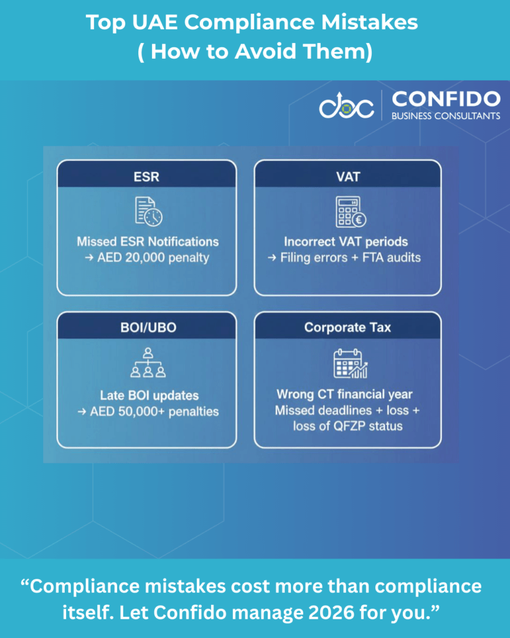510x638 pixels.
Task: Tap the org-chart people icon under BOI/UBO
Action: click(x=148, y=363)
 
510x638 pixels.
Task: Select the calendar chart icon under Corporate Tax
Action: click(x=350, y=363)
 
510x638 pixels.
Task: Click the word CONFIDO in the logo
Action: click(x=446, y=99)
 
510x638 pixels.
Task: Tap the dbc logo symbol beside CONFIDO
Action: click(x=346, y=106)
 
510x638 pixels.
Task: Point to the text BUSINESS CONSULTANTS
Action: click(x=446, y=116)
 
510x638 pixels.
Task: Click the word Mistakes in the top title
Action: click(x=370, y=22)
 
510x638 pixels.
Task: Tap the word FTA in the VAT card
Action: click(x=373, y=257)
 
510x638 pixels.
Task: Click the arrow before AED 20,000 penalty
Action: click(x=89, y=258)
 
